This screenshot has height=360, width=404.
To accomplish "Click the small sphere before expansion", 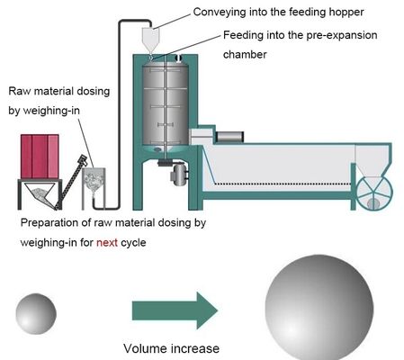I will click(x=35, y=311).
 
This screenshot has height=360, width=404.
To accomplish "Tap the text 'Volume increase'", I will click(x=171, y=347).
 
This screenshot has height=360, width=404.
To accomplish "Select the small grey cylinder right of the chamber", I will click(x=230, y=136).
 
